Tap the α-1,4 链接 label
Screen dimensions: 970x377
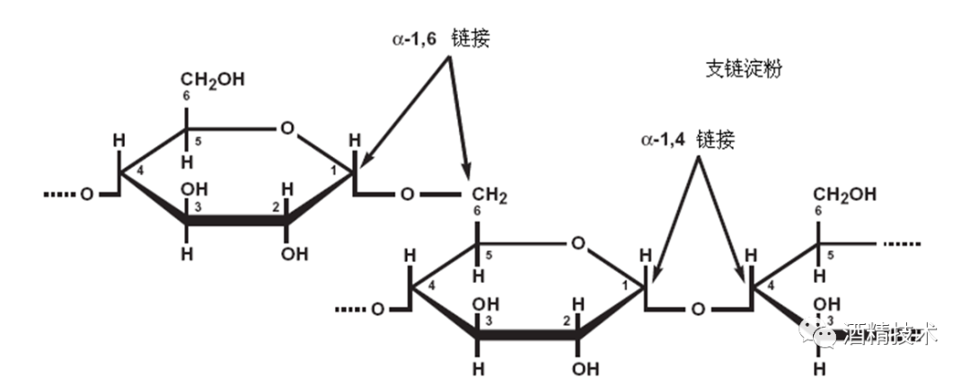click(x=687, y=140)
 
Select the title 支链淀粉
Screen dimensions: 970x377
click(x=743, y=69)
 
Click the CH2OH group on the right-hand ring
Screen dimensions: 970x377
click(x=844, y=195)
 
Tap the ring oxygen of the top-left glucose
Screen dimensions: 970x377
click(x=286, y=128)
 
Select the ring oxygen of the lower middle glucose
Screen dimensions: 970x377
click(x=578, y=242)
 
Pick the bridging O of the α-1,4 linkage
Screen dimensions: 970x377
click(x=697, y=310)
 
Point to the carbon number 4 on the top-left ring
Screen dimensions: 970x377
click(x=140, y=171)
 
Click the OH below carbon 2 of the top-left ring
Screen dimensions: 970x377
click(x=294, y=253)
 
